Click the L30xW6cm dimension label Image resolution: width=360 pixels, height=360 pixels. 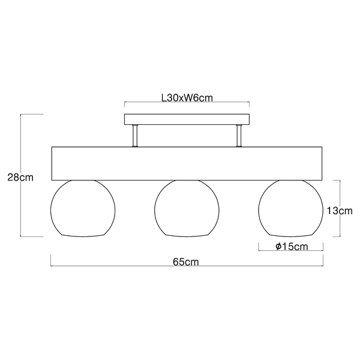[x=187, y=98]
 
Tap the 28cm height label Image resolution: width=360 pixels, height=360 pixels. [x=20, y=177]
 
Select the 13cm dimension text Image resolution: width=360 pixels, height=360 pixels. [x=340, y=211]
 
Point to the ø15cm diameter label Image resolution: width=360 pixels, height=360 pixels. [x=292, y=247]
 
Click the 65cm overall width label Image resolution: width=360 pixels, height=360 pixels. [x=186, y=262]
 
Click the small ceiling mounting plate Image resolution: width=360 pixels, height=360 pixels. [x=187, y=119]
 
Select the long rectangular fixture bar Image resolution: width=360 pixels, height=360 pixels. [x=187, y=163]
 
